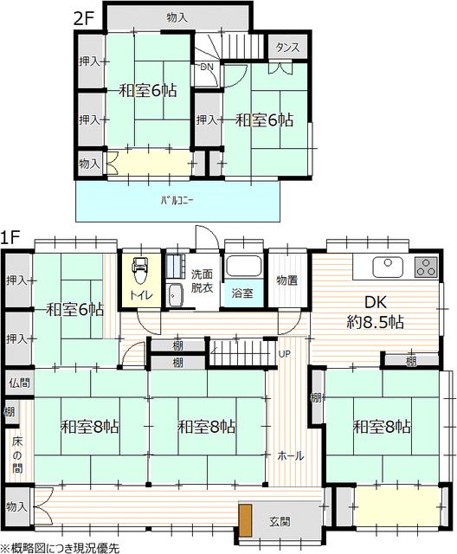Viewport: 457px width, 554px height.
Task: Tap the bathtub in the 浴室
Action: point(243,266)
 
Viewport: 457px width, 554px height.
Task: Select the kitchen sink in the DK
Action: point(388,267)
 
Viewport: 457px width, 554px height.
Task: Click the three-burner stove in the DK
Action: point(426,267)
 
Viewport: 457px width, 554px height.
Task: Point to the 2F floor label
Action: point(83,19)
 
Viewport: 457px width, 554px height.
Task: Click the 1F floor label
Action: point(10,237)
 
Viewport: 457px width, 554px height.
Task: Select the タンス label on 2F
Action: point(287,48)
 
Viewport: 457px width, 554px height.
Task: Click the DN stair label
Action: point(207,67)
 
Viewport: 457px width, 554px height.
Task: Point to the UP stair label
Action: point(285,354)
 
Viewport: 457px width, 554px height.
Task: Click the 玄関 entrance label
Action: point(280,521)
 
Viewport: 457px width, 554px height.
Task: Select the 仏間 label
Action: point(20,383)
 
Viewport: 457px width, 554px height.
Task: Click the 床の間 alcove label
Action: point(17,454)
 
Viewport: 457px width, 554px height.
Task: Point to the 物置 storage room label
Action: point(286,280)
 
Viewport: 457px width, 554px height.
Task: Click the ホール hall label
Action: point(290,456)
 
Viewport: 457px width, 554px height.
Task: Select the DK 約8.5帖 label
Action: point(376,312)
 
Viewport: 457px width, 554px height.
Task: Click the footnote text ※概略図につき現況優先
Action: point(60,548)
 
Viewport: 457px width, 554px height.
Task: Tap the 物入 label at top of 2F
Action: point(177,17)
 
